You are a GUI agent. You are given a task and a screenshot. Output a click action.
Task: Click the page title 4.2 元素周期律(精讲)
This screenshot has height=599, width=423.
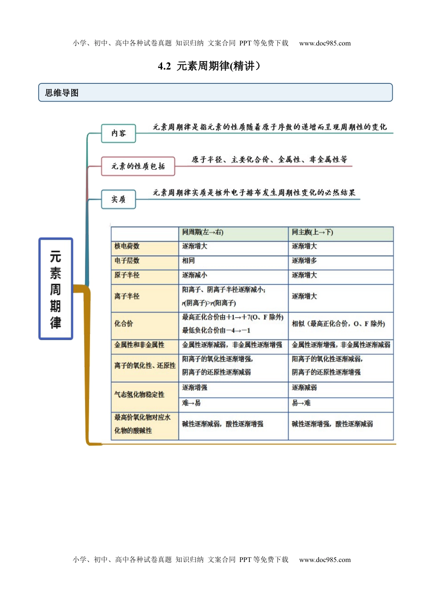pos(209,66)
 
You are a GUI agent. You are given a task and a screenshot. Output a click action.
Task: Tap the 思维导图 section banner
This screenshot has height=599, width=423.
pos(215,93)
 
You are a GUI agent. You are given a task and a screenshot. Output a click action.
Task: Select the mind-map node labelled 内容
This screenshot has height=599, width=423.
pos(118,133)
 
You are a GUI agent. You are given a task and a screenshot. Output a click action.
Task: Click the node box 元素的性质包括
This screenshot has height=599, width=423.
pos(138,166)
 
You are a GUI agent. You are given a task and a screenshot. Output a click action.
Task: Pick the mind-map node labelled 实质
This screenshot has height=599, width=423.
pos(118,199)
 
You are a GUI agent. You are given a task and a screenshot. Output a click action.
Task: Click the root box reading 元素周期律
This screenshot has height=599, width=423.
pos(56,289)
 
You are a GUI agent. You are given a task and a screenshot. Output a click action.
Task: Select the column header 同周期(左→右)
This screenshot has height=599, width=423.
pos(203,232)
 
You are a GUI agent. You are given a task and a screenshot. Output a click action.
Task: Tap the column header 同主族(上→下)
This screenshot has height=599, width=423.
pos(313,232)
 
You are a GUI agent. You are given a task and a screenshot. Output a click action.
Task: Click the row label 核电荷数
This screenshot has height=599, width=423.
pos(127,246)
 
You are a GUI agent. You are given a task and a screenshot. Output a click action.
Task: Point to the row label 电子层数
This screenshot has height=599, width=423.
pos(127,261)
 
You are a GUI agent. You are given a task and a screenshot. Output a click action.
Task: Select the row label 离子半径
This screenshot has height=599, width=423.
pos(127,296)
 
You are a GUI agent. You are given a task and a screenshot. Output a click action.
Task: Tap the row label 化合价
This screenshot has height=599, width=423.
pos(124,324)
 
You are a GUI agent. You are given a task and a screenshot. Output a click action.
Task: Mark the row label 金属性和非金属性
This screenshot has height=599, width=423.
pos(139,345)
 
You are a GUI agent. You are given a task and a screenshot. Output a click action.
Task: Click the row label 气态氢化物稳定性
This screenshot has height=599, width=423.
pos(139,395)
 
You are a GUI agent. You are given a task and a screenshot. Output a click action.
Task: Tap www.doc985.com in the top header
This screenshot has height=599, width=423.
pos(325,43)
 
